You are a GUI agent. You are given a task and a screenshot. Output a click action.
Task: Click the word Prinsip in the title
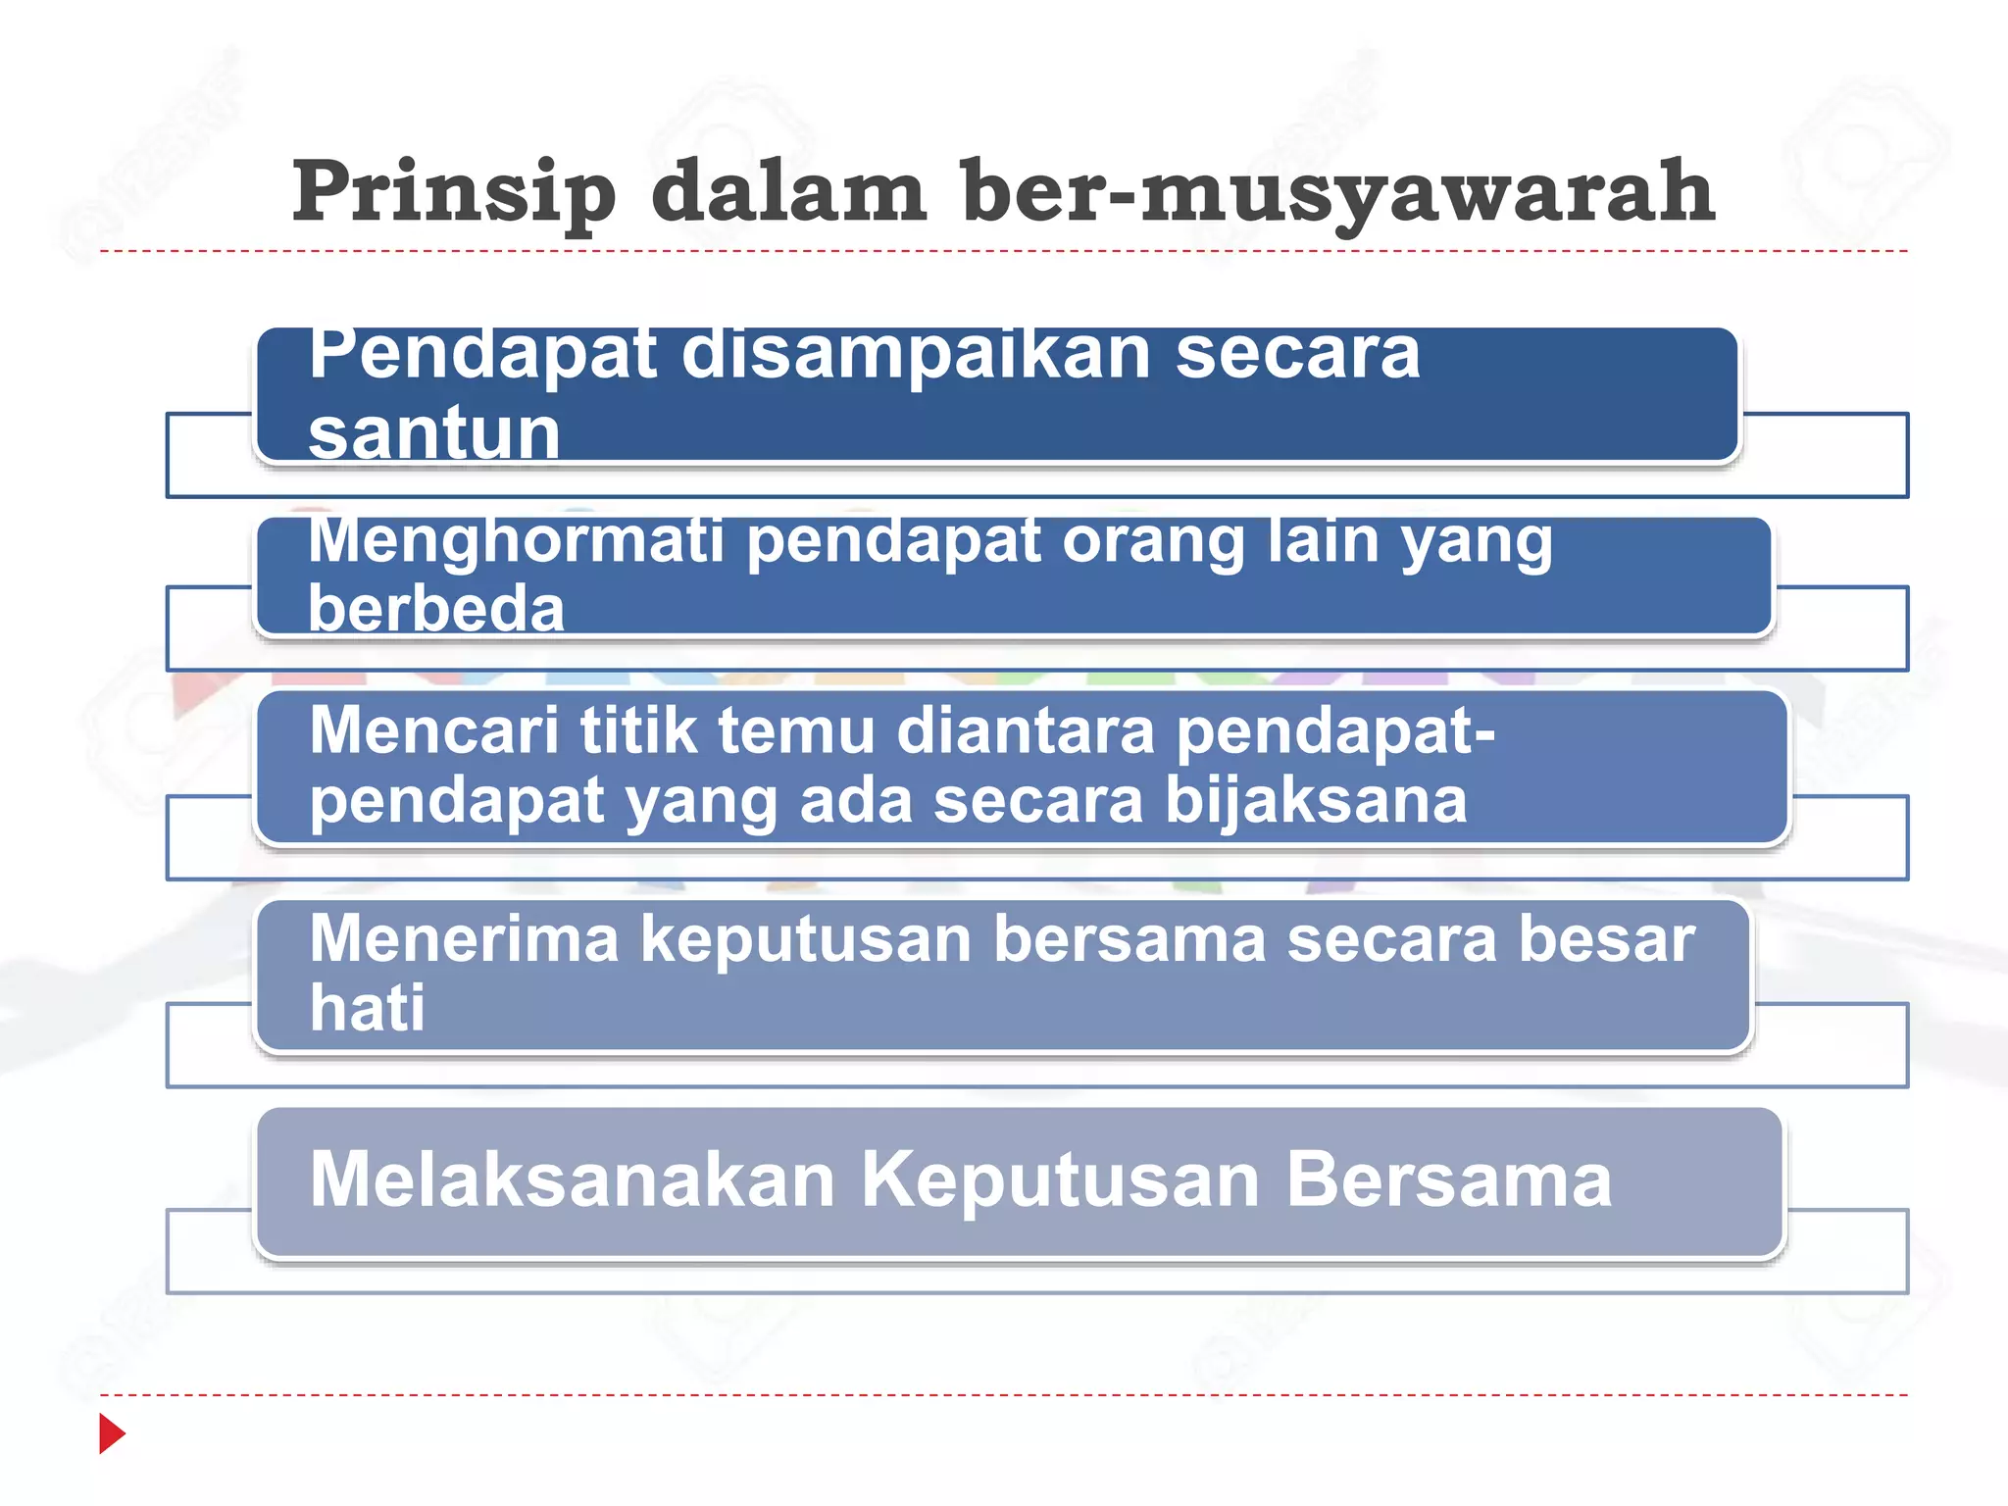click(453, 193)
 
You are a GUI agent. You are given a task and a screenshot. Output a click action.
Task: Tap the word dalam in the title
click(788, 191)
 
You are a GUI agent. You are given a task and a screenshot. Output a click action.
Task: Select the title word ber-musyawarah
click(1337, 193)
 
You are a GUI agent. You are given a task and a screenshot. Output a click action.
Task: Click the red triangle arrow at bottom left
click(112, 1433)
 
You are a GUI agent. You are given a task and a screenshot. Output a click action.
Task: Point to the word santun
click(433, 433)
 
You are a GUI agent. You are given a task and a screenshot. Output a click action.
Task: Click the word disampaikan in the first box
click(915, 355)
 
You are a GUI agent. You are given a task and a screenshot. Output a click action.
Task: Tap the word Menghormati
click(516, 541)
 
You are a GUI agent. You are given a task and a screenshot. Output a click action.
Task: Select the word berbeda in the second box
click(436, 608)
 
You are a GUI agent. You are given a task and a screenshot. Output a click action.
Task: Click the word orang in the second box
click(1152, 541)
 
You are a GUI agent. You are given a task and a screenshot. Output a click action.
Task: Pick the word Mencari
click(434, 730)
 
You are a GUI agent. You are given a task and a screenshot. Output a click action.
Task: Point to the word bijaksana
click(1315, 801)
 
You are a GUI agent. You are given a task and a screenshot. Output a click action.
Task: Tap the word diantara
click(1026, 730)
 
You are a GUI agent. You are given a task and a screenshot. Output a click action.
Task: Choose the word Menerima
click(464, 938)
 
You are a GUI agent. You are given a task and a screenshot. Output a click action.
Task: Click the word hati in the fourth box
click(367, 1008)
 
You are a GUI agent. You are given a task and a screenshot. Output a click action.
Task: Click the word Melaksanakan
click(572, 1180)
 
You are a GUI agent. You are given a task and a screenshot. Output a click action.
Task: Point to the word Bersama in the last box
click(1448, 1180)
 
